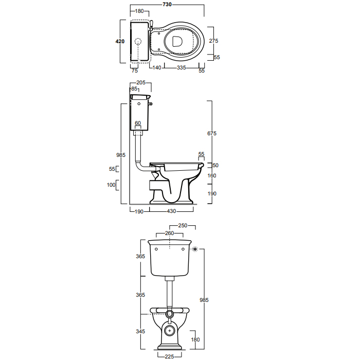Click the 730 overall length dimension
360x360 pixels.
[x=167, y=4]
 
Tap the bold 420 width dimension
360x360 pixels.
[x=120, y=41]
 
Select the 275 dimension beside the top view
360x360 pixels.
[x=213, y=41]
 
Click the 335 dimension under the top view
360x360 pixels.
[x=181, y=67]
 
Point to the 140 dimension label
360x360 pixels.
[x=156, y=67]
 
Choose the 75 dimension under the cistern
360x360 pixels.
[x=135, y=71]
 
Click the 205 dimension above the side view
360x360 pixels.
[x=141, y=83]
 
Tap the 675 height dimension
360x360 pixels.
[x=212, y=133]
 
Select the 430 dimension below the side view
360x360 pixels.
[x=171, y=211]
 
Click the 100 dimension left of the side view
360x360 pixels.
[x=111, y=185]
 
